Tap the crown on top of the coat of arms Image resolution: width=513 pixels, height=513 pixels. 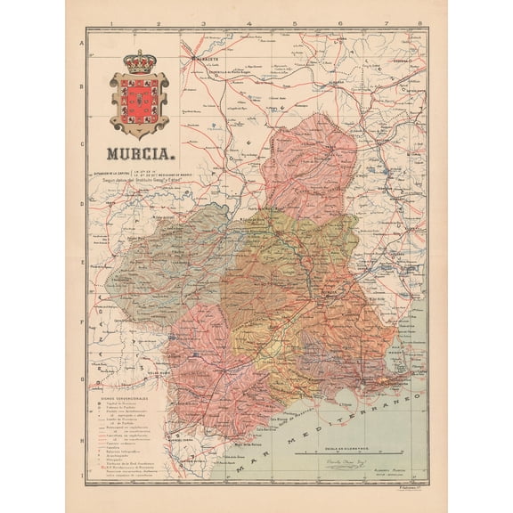137,63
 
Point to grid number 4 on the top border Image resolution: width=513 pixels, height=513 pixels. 248,26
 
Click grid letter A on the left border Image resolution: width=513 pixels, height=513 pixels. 82,43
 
